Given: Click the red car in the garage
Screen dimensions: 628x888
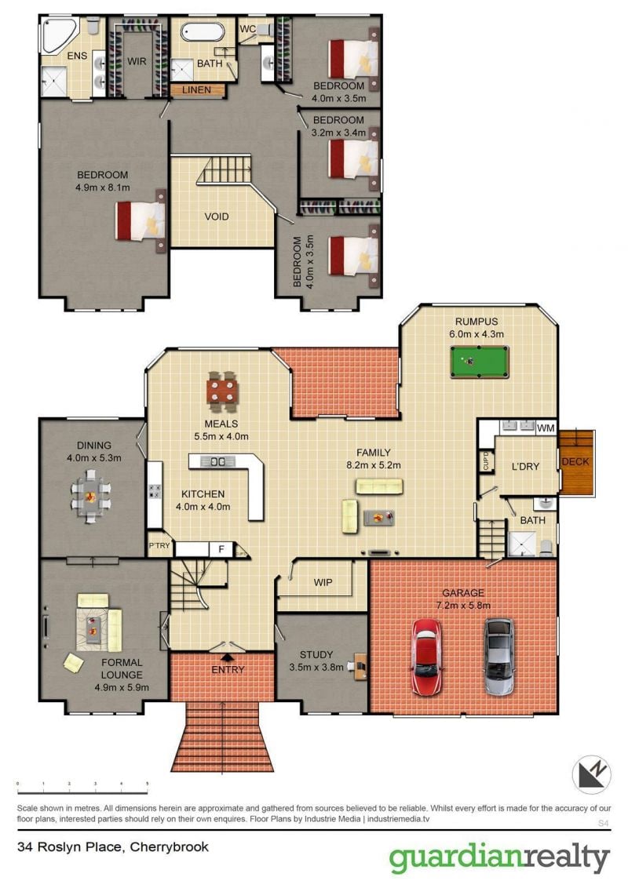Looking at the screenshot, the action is click(x=427, y=656).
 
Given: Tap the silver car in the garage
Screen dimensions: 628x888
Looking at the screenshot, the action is click(x=499, y=656).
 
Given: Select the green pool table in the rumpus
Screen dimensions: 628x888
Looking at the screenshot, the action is click(x=480, y=362).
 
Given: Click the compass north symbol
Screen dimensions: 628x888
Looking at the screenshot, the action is click(x=591, y=774).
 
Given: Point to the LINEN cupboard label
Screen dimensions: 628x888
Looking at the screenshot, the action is click(x=197, y=89).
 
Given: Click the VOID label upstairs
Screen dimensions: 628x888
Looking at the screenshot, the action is click(x=217, y=217).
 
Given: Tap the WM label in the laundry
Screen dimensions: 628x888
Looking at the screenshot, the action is click(x=546, y=428).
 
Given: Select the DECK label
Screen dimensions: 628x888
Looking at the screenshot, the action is click(x=575, y=461).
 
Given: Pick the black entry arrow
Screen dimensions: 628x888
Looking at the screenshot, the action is click(x=228, y=657).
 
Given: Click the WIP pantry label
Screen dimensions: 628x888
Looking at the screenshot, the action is click(x=323, y=582).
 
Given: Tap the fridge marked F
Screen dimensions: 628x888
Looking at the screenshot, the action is click(x=221, y=549).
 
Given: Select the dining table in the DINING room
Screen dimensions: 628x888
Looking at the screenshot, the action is click(x=91, y=497).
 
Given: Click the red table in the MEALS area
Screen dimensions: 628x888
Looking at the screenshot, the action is click(x=222, y=391).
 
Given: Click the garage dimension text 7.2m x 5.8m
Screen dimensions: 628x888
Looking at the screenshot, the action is click(x=463, y=606).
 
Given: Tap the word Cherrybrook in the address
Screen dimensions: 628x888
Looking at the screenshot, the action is click(x=170, y=847).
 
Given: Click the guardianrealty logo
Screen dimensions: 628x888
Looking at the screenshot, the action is click(x=499, y=858).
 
